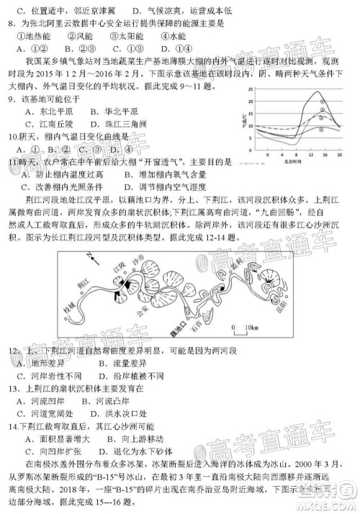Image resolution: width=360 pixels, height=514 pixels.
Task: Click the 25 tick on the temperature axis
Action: pos(251,89)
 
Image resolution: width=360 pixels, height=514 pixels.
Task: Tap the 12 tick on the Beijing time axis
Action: pos(311,154)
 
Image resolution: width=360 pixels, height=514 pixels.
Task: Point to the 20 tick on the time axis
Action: pos(338,154)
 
